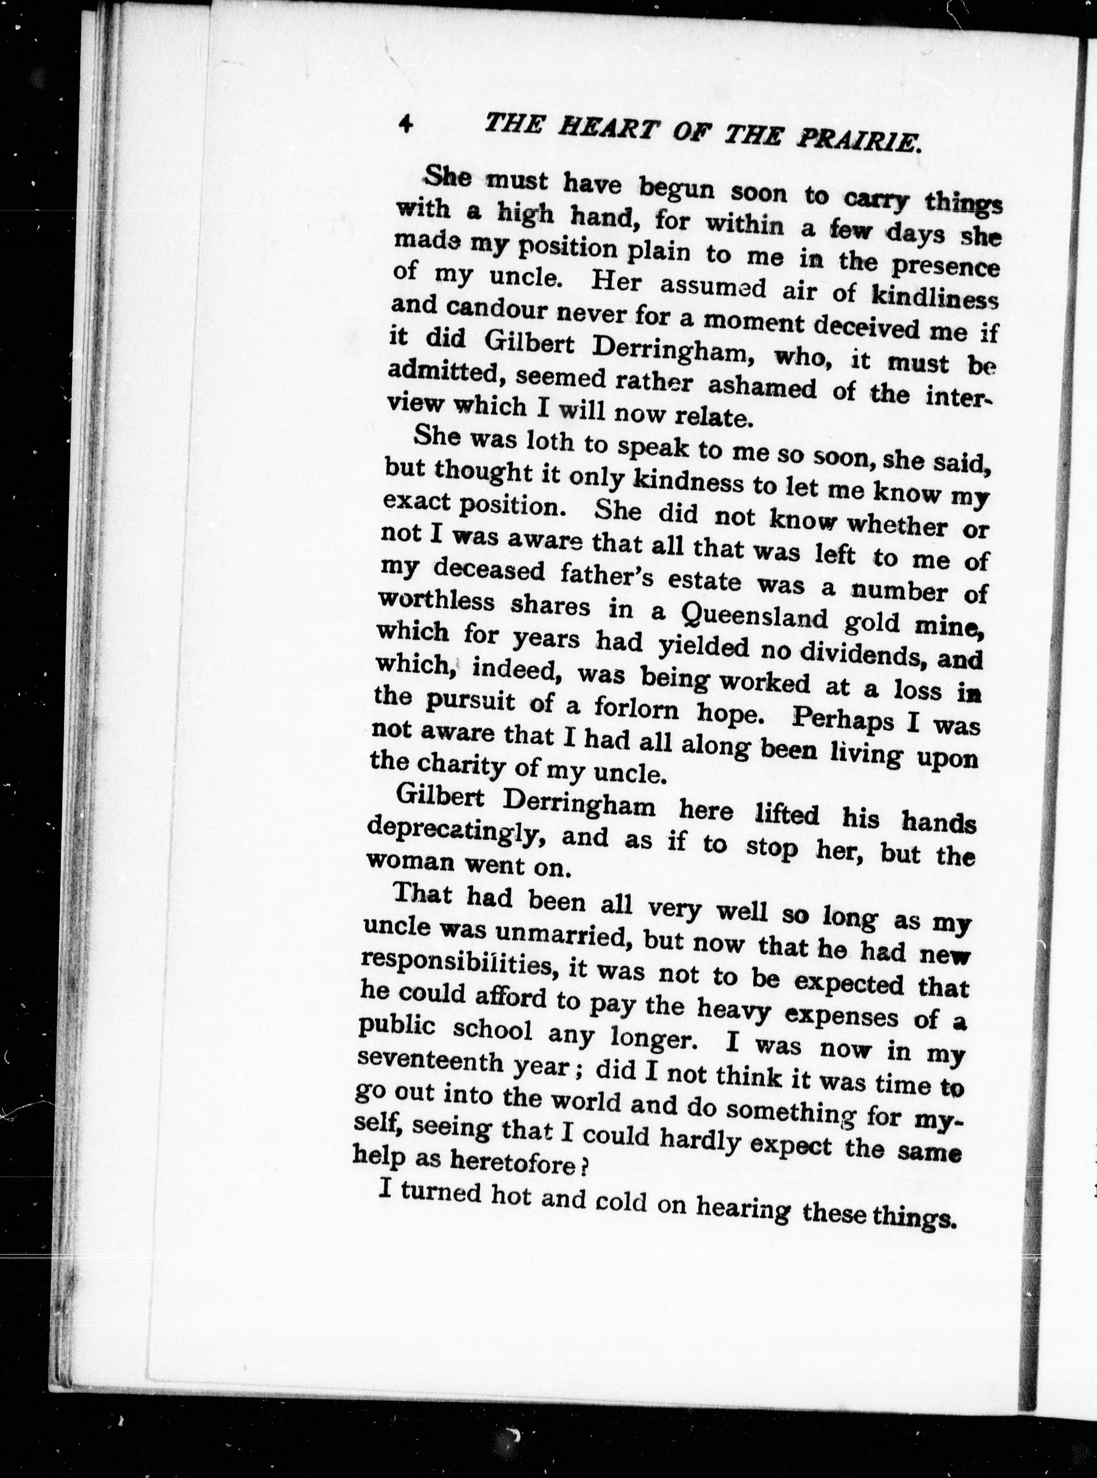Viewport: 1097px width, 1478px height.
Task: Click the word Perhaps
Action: pyautogui.click(x=843, y=719)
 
